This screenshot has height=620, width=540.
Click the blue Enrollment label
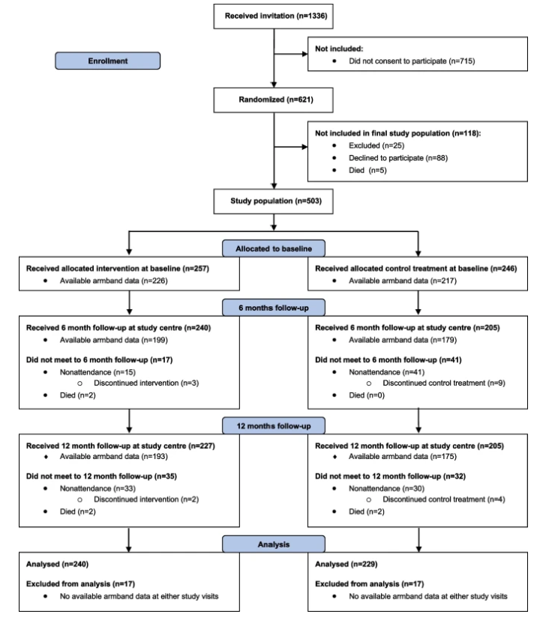108,61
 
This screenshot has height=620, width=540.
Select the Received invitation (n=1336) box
273,16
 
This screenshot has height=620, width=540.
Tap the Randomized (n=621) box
273,100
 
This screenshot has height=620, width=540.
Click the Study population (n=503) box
273,201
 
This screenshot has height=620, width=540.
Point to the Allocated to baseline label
274,249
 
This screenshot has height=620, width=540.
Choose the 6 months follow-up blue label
274,308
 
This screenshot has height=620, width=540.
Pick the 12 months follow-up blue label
274,426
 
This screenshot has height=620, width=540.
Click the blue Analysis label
274,544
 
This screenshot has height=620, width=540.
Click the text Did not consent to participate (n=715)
412,61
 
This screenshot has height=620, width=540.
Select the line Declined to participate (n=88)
398,158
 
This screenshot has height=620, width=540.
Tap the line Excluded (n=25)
376,145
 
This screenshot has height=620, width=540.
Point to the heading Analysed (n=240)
58,564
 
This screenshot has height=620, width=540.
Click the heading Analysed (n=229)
346,564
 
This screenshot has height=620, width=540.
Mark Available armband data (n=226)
114,281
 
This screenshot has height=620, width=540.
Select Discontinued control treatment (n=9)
444,383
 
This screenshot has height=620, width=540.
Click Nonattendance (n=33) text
97,488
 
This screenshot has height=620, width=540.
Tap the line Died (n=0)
367,395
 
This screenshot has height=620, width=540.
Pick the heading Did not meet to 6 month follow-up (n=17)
100,360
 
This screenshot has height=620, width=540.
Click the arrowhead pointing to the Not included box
305,54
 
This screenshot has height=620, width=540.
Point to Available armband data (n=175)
403,456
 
